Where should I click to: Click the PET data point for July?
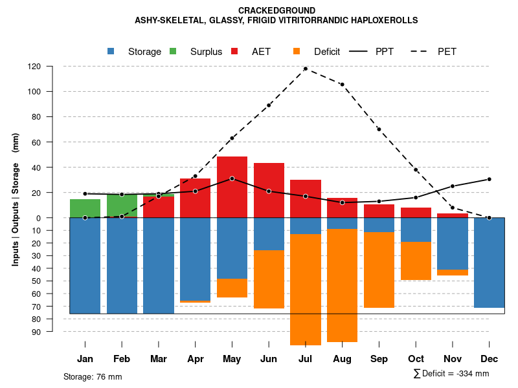pyautogui.click(x=306, y=69)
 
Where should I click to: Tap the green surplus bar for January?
pyautogui.click(x=85, y=208)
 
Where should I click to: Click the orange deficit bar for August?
pyautogui.click(x=342, y=285)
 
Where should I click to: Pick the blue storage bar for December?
pyautogui.click(x=489, y=262)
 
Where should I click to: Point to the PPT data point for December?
pyautogui.click(x=489, y=179)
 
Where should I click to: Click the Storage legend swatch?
pyautogui.click(x=111, y=52)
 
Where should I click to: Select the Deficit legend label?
pyautogui.click(x=327, y=52)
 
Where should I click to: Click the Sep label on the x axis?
pyautogui.click(x=379, y=359)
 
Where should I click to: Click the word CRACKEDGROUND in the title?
pyautogui.click(x=276, y=10)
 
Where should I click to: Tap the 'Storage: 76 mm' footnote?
pyautogui.click(x=93, y=376)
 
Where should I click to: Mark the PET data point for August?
pyautogui.click(x=342, y=85)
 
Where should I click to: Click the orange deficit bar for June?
pyautogui.click(x=269, y=279)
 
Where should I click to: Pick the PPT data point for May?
pyautogui.click(x=232, y=178)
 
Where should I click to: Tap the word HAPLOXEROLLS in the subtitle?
pyautogui.click(x=383, y=20)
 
